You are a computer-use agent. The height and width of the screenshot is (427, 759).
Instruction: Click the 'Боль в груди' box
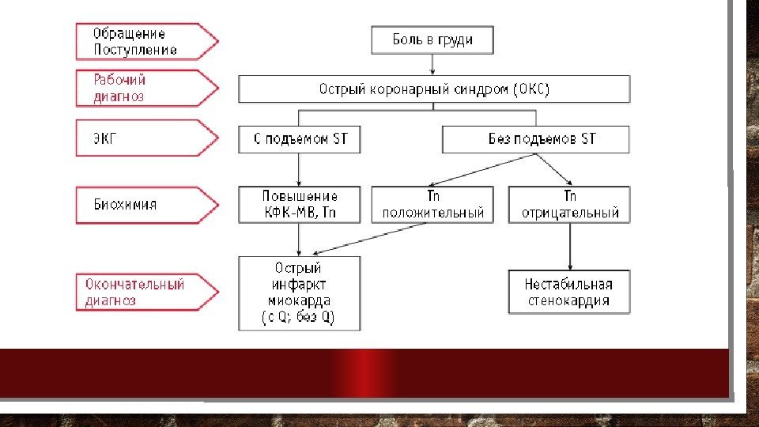pos(432,40)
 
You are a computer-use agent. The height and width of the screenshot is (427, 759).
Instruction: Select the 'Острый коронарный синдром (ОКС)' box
pos(434,89)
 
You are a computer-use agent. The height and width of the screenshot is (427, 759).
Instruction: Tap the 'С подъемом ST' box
pos(300,139)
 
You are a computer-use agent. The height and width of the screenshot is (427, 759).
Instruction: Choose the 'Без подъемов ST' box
pos(535,139)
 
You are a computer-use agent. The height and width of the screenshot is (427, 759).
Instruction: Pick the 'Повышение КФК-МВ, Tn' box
pos(300,204)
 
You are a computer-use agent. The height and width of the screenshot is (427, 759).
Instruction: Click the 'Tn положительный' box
pos(432,204)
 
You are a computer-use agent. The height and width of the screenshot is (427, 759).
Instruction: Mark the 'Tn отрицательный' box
pos(569,204)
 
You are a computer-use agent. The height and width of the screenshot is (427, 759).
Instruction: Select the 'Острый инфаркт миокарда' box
pos(300,293)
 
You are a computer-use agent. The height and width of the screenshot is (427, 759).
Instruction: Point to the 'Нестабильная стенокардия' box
pos(569,293)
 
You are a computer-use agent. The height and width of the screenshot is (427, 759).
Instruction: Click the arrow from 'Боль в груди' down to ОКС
pos(432,65)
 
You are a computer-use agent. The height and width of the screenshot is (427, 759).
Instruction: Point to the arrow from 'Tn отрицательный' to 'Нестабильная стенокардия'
pos(569,246)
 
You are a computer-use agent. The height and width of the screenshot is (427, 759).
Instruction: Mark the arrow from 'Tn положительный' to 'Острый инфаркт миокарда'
pos(372,239)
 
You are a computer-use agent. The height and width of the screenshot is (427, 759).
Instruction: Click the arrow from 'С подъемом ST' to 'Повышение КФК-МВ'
pos(300,169)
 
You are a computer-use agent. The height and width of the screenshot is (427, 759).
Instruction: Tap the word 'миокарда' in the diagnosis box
pos(300,301)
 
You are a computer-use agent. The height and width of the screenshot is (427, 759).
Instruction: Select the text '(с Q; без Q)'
pos(300,318)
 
